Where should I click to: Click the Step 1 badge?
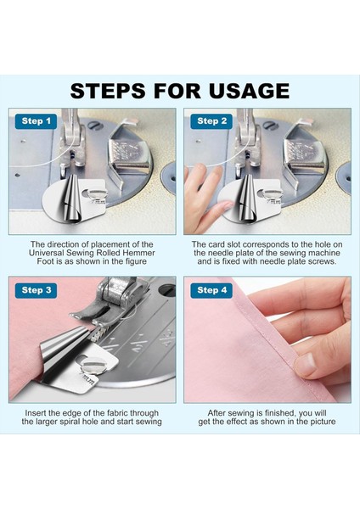point(36,121)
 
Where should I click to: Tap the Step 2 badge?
point(211,121)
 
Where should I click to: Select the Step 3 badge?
point(36,290)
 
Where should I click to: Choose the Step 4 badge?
point(211,290)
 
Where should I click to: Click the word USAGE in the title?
point(249,91)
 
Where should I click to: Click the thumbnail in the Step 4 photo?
point(305,364)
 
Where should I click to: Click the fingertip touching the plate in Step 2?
point(223,206)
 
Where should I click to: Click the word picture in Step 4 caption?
point(323,422)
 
